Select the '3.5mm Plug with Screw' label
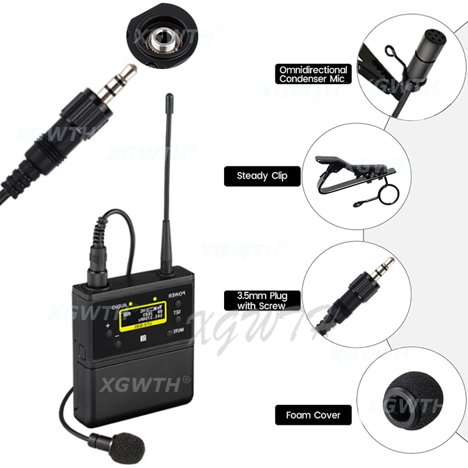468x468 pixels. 261,301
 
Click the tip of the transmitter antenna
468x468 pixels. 169,97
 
